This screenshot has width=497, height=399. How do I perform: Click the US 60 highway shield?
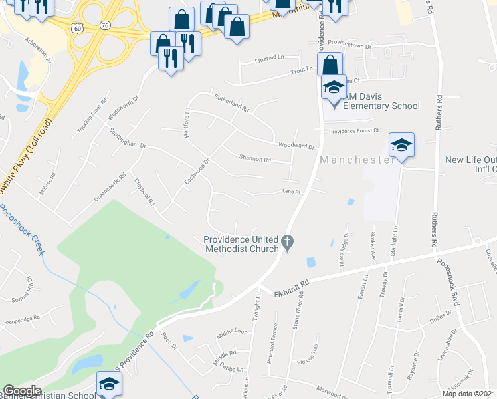click(78, 29)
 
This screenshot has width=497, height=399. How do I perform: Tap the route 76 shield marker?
click(106, 25)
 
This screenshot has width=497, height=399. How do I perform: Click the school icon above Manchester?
click(401, 146)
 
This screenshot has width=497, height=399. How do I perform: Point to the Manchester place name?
click(358, 160)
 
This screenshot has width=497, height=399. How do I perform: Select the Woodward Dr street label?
click(296, 145)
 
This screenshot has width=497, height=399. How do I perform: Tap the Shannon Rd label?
click(255, 159)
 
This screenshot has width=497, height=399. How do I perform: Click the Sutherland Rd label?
click(231, 103)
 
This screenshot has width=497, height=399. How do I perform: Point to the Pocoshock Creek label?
click(21, 230)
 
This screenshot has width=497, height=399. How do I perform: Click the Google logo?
click(23, 391)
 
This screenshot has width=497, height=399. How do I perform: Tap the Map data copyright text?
click(468, 394)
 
